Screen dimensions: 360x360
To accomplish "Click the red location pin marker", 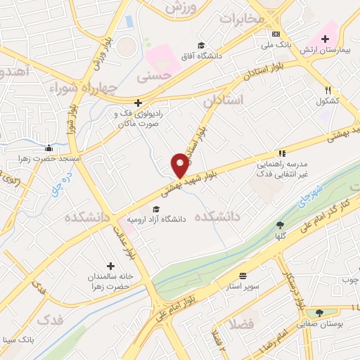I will (x=181, y=165).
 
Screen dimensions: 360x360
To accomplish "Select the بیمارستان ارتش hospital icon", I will (x=325, y=39).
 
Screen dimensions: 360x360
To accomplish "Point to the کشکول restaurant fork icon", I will (x=328, y=90).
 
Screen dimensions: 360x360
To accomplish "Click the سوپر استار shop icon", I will (x=243, y=276).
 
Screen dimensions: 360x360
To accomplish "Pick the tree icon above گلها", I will (x=281, y=225).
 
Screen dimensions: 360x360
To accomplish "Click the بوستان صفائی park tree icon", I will (x=319, y=313).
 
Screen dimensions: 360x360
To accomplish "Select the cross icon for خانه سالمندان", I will (x=110, y=266).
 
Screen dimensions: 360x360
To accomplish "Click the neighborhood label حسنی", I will (x=154, y=73).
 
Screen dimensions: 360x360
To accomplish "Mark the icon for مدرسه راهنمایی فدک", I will (x=282, y=153).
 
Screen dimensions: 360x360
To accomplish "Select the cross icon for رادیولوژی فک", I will (x=139, y=102).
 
